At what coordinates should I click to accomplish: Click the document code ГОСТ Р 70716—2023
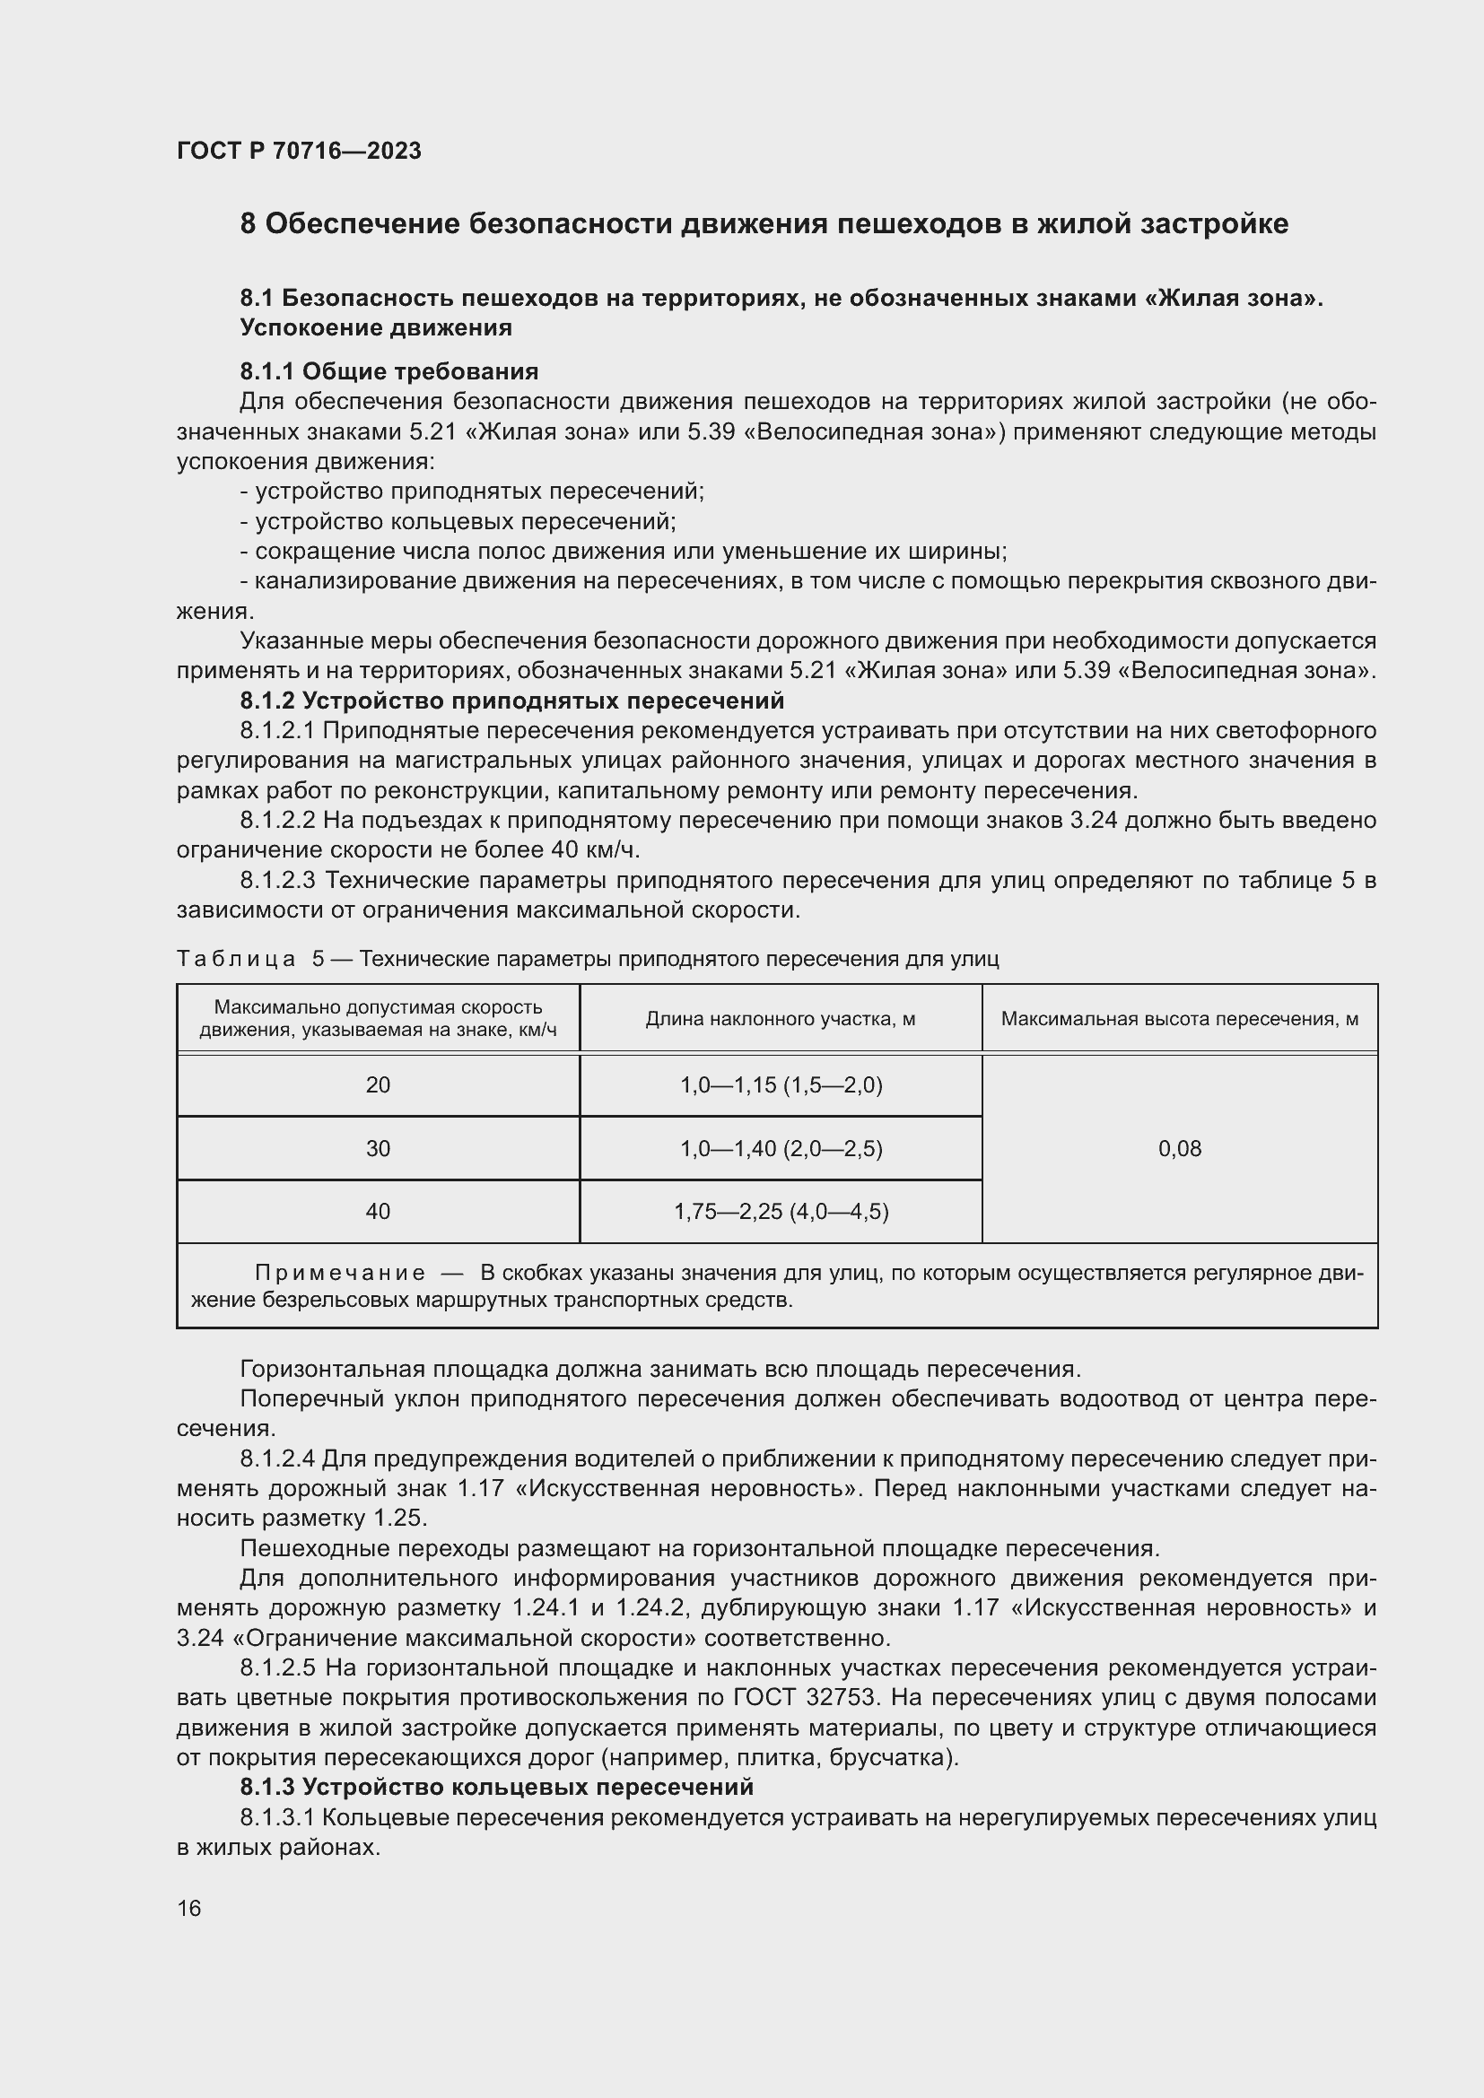(299, 151)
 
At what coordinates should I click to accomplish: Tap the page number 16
(189, 1908)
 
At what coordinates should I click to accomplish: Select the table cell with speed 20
(378, 1084)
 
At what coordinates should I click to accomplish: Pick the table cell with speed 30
(378, 1149)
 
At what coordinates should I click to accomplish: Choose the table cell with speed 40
(378, 1212)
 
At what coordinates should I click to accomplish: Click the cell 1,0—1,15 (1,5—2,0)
(781, 1084)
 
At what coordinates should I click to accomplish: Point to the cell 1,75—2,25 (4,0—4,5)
(781, 1212)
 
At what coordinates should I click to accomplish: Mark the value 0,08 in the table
(1179, 1149)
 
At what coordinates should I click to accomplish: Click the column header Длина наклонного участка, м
(781, 1019)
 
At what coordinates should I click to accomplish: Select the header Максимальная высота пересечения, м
(1179, 1019)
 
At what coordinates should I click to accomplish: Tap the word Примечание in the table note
(339, 1273)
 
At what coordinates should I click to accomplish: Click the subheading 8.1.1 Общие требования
(388, 371)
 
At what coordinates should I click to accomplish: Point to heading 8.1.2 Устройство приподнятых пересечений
(511, 701)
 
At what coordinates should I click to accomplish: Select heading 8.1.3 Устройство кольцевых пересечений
(496, 1787)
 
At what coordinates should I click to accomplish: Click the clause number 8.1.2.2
(278, 821)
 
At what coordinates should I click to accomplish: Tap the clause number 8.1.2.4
(278, 1458)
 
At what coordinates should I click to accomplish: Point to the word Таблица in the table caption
(236, 959)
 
